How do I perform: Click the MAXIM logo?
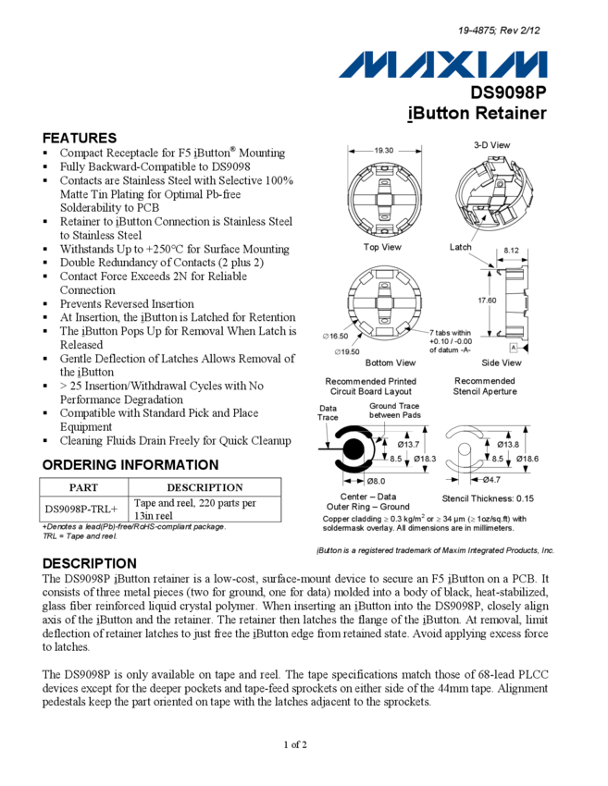pos(444,65)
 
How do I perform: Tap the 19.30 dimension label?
pos(384,150)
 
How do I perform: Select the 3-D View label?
pos(491,145)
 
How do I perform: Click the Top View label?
pos(382,247)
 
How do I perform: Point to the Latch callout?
pos(460,247)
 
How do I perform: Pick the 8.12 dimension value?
pos(512,251)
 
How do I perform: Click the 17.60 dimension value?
pos(488,301)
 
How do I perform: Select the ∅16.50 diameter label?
pos(336,336)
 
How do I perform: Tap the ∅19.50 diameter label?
pos(347,351)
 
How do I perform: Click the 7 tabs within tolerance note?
pos(450,341)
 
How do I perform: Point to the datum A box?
pos(514,348)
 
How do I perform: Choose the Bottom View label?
pos(391,363)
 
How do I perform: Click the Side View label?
pos(502,363)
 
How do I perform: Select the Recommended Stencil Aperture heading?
pos(485,387)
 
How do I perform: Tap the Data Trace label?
pos(329,412)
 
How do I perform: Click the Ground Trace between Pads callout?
pos(395,411)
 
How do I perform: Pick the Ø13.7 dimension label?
pos(409,445)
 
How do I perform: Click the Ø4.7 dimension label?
pos(491,480)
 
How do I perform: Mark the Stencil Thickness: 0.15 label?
pos(487,499)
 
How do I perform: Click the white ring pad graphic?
pos(353,451)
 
